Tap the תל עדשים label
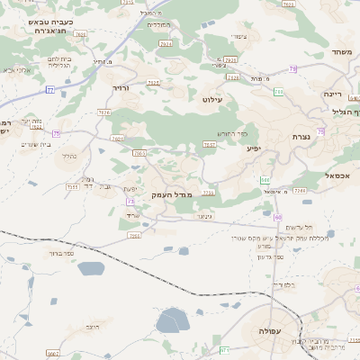(319, 226)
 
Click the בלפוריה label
(284, 285)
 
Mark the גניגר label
(202, 217)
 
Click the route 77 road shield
(50, 90)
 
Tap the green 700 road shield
(279, 93)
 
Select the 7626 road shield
(104, 113)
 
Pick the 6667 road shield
(54, 354)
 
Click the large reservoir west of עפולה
(172, 320)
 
